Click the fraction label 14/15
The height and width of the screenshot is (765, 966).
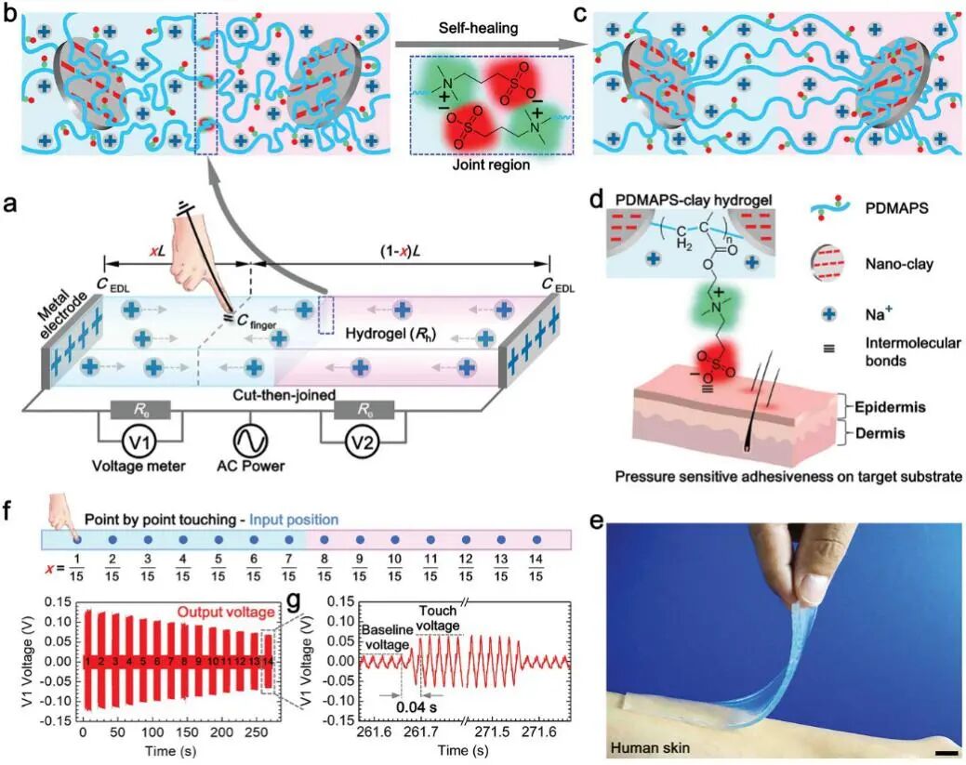click(537, 566)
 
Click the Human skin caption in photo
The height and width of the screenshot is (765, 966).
click(648, 746)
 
